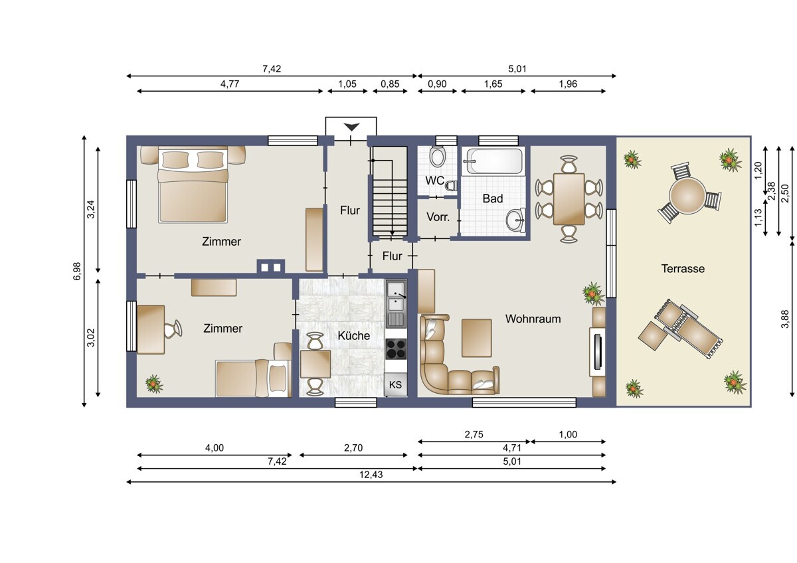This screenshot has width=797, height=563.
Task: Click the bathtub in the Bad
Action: tap(493, 161)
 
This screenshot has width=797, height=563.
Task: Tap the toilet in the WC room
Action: tap(438, 157)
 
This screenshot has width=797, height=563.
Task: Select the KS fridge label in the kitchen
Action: tap(395, 384)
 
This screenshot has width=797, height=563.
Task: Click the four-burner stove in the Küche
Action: tap(396, 349)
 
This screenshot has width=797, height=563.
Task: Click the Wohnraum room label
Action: tap(533, 319)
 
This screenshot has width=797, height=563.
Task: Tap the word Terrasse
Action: tap(683, 269)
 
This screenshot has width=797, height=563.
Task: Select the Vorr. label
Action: tap(438, 217)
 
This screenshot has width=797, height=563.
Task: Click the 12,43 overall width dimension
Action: tap(372, 474)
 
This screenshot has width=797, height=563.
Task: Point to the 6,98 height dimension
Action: tap(77, 271)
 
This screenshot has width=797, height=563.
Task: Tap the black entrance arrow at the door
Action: tap(351, 127)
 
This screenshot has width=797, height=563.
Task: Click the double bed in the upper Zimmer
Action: tap(193, 189)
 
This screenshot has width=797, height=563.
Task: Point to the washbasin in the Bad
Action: tap(515, 220)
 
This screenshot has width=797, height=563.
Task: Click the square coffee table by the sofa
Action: tap(477, 337)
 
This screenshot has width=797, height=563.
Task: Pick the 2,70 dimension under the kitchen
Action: tap(353, 448)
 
